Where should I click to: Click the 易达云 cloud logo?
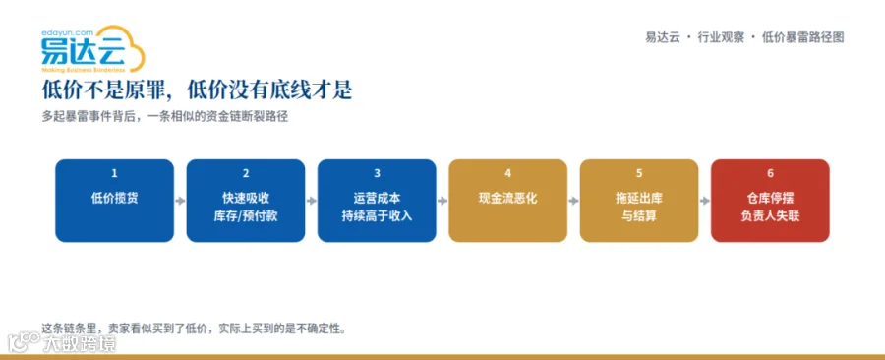[x=93, y=49]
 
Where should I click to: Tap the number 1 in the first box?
[x=115, y=174]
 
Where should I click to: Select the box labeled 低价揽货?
[x=115, y=201]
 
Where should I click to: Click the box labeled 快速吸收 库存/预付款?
[x=246, y=201]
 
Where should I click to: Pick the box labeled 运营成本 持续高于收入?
[x=377, y=201]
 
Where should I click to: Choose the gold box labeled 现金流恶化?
[x=508, y=201]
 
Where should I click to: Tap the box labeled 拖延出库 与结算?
[x=639, y=201]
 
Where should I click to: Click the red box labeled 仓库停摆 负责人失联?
[x=770, y=201]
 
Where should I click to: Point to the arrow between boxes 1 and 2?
[x=180, y=201]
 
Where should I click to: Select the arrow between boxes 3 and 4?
[x=442, y=201]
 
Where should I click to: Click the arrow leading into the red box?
[x=705, y=201]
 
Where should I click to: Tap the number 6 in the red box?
[x=770, y=174]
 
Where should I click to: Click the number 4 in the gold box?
[x=508, y=174]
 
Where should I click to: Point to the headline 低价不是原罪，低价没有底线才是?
[x=198, y=90]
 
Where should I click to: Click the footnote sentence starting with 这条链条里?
[x=193, y=328]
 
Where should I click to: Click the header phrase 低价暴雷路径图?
[x=802, y=38]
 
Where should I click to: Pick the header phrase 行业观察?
[x=721, y=38]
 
